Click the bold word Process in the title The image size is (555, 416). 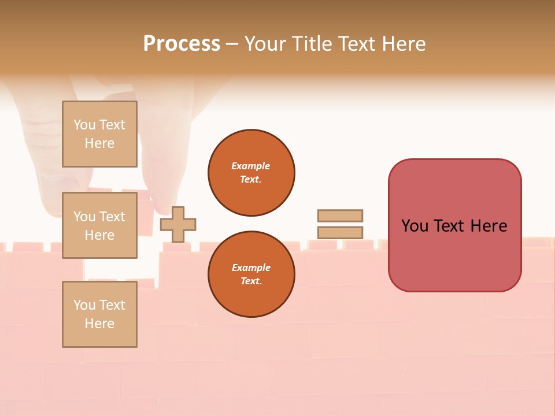coord(182,44)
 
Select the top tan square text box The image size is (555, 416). coord(99,134)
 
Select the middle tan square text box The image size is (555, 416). coord(99,225)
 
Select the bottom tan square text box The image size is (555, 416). coord(99,314)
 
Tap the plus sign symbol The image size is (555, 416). coord(178,224)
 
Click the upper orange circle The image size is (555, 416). coord(251,173)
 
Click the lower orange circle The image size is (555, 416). coord(251,274)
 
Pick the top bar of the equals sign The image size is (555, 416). coord(340,216)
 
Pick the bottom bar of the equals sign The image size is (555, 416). coord(340,232)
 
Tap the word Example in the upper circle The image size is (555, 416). coord(250,166)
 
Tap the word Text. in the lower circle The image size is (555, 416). coord(250,281)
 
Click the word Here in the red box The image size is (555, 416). coord(489,226)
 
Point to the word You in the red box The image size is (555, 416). coord(414,226)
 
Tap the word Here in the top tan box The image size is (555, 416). coord(99,143)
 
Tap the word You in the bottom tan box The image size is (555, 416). coord(84,305)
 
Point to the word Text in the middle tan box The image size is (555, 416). coord(112,217)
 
